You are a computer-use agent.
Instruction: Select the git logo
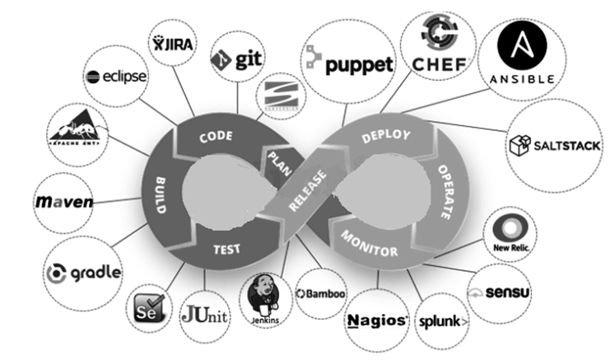coord(236,59)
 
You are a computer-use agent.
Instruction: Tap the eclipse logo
coord(117,77)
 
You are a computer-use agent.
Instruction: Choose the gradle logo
coord(85,272)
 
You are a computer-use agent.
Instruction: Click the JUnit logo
coord(205,315)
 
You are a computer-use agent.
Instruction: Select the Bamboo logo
coord(321,293)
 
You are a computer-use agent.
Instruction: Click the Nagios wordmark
coord(378,320)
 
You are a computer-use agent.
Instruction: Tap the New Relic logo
coord(513,231)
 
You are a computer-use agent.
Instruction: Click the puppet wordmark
coord(348,63)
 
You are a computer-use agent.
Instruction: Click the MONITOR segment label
coord(369,245)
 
